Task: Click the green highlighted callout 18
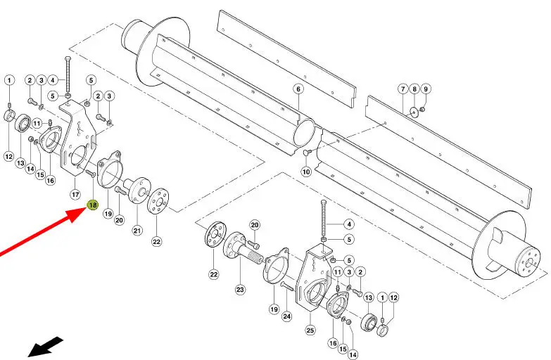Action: pyautogui.click(x=93, y=205)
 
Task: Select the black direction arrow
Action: pyautogui.click(x=45, y=347)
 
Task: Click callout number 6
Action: pyautogui.click(x=298, y=89)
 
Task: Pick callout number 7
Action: pyautogui.click(x=403, y=89)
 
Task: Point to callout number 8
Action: pyautogui.click(x=414, y=89)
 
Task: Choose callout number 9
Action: pyautogui.click(x=426, y=89)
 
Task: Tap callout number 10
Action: pyautogui.click(x=306, y=172)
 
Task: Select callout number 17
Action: pyautogui.click(x=76, y=194)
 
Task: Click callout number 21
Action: pyautogui.click(x=137, y=231)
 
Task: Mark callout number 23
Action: pyautogui.click(x=240, y=290)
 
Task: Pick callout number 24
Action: pyautogui.click(x=287, y=316)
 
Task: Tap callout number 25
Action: pyautogui.click(x=310, y=330)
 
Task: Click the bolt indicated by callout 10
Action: pyautogui.click(x=307, y=152)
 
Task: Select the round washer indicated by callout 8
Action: pyautogui.click(x=414, y=112)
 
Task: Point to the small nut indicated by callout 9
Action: pyautogui.click(x=423, y=110)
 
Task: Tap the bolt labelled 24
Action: pyautogui.click(x=287, y=286)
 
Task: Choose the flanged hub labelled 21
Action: pyautogui.click(x=137, y=189)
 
